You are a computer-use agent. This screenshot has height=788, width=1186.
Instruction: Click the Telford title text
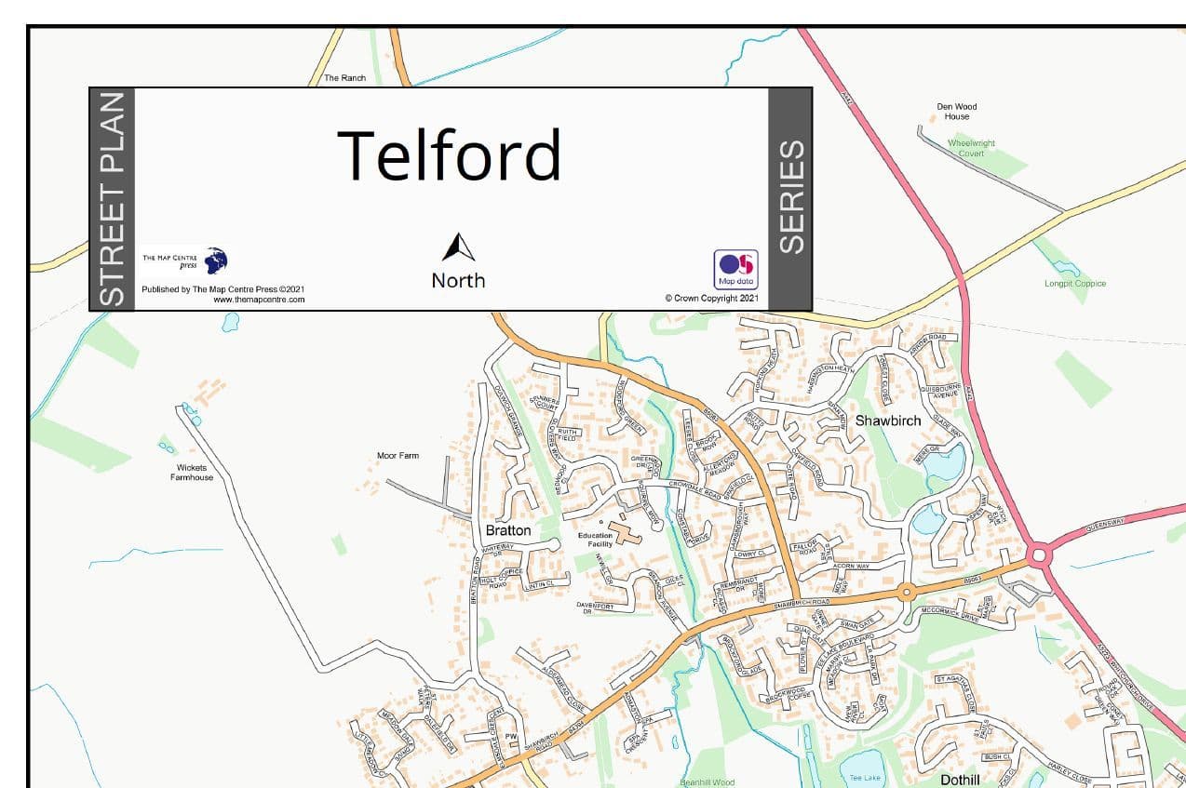point(450,154)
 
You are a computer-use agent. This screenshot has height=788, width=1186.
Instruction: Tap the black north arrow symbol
point(458,247)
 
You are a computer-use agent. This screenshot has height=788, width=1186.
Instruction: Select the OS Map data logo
point(735,269)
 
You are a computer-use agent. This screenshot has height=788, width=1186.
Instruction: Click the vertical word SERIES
point(790,197)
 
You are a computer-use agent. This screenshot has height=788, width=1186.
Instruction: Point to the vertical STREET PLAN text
point(112,199)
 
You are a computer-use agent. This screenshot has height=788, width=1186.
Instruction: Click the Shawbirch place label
point(888,421)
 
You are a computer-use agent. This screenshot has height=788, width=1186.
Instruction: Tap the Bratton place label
point(508,530)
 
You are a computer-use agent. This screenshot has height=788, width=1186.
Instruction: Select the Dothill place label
point(960,780)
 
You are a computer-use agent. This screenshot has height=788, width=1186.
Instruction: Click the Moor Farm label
point(398,456)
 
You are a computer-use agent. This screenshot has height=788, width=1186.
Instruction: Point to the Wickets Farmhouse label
point(192,473)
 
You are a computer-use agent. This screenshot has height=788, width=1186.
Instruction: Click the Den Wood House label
point(957,112)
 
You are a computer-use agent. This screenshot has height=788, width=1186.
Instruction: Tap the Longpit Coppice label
point(1075,283)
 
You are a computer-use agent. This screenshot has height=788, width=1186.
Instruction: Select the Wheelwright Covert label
point(971,148)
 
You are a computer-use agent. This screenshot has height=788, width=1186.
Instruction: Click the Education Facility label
point(596,540)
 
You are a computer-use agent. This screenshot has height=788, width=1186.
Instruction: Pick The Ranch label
point(344,78)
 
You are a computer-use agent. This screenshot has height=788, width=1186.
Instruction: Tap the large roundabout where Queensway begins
point(1040,556)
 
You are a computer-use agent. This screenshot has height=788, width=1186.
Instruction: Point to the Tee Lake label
point(864,777)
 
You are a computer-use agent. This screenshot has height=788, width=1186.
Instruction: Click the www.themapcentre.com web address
point(259,300)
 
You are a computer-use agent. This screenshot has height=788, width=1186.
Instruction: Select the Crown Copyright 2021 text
point(713,299)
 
